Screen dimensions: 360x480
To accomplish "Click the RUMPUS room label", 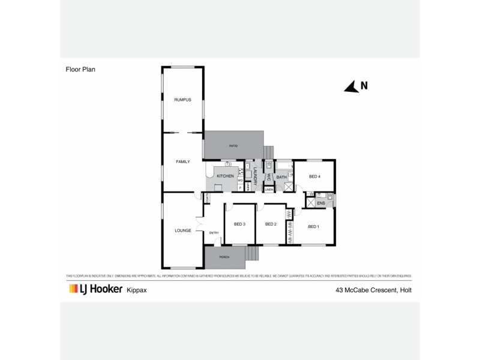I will click(182, 100).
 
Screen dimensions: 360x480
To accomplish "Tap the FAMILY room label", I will click(182, 162).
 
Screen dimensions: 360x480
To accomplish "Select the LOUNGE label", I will click(182, 230).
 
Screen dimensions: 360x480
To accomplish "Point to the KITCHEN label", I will click(225, 176).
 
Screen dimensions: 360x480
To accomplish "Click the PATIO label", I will click(233, 145).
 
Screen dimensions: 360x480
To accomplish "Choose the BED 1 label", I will click(313, 226).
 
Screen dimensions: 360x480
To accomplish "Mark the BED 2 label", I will click(271, 224).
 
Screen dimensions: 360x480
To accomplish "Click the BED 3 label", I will click(239, 224).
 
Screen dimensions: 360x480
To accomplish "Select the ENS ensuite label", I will click(320, 203).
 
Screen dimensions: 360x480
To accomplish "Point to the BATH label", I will click(281, 177).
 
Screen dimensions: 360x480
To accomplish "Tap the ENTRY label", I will click(214, 233).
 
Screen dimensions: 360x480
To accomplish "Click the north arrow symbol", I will click(351, 87).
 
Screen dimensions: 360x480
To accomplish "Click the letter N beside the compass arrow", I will click(364, 86).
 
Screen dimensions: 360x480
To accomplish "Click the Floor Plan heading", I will click(81, 69).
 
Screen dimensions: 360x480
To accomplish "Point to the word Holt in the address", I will click(404, 290).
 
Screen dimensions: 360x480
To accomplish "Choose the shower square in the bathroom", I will click(289, 187).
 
